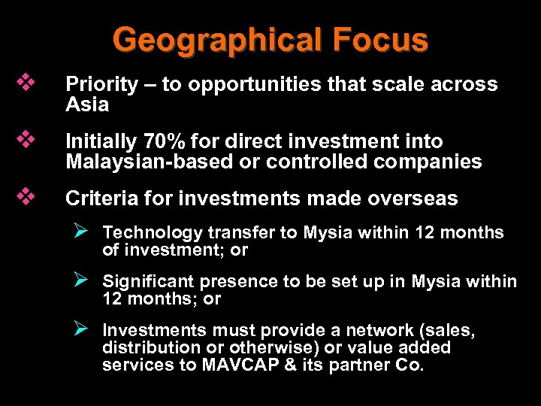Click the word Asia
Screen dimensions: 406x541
(87, 104)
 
